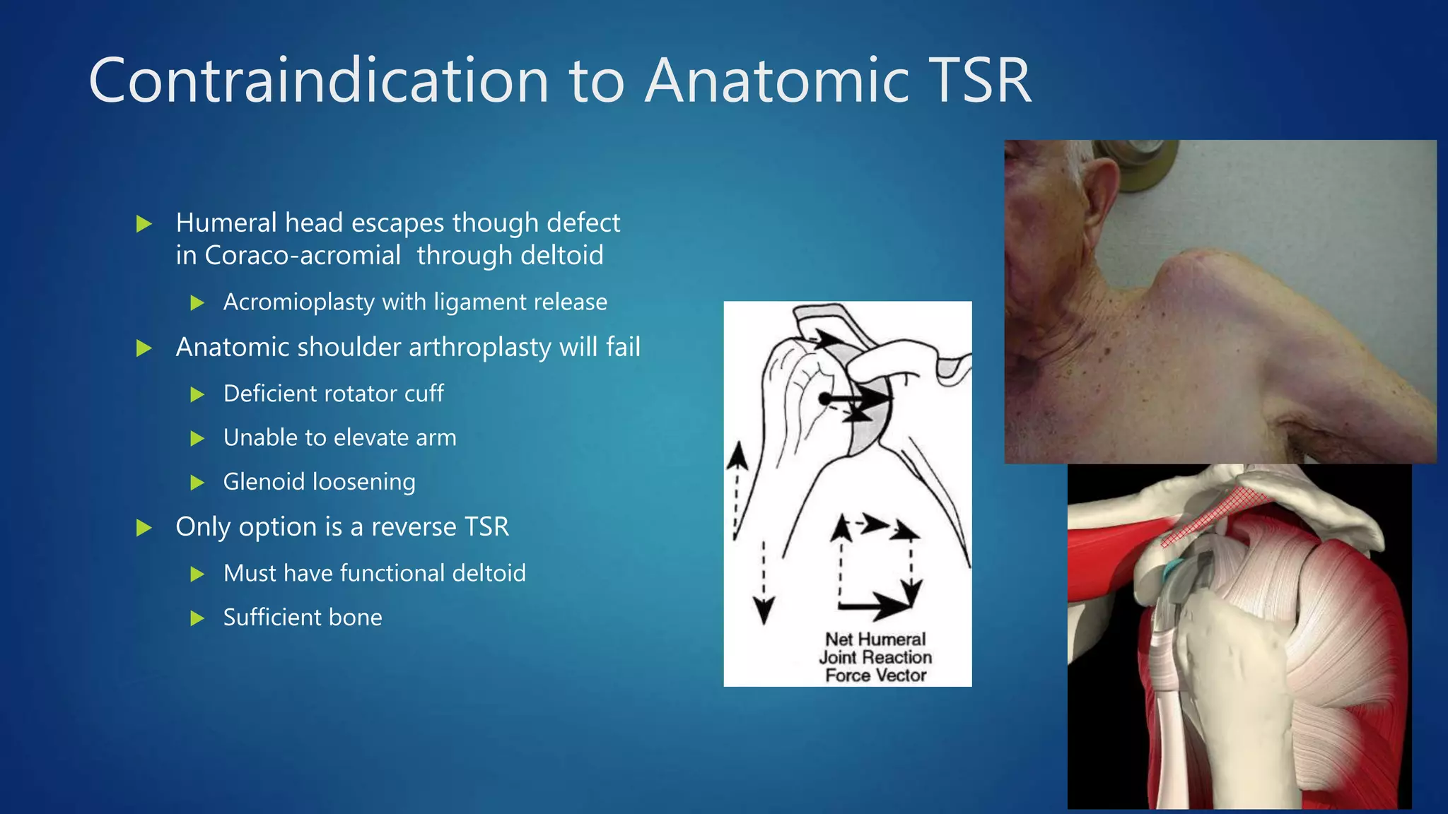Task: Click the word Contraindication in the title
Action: pyautogui.click(x=318, y=81)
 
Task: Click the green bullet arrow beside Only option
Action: pyautogui.click(x=144, y=528)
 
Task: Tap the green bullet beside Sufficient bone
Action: pyautogui.click(x=197, y=619)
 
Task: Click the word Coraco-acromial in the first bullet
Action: pyautogui.click(x=303, y=256)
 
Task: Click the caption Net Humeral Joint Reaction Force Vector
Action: pyautogui.click(x=875, y=657)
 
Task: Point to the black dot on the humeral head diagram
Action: pyautogui.click(x=824, y=399)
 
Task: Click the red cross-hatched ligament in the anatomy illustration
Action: pyautogui.click(x=1216, y=516)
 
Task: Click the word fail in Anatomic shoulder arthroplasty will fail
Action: pyautogui.click(x=622, y=348)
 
